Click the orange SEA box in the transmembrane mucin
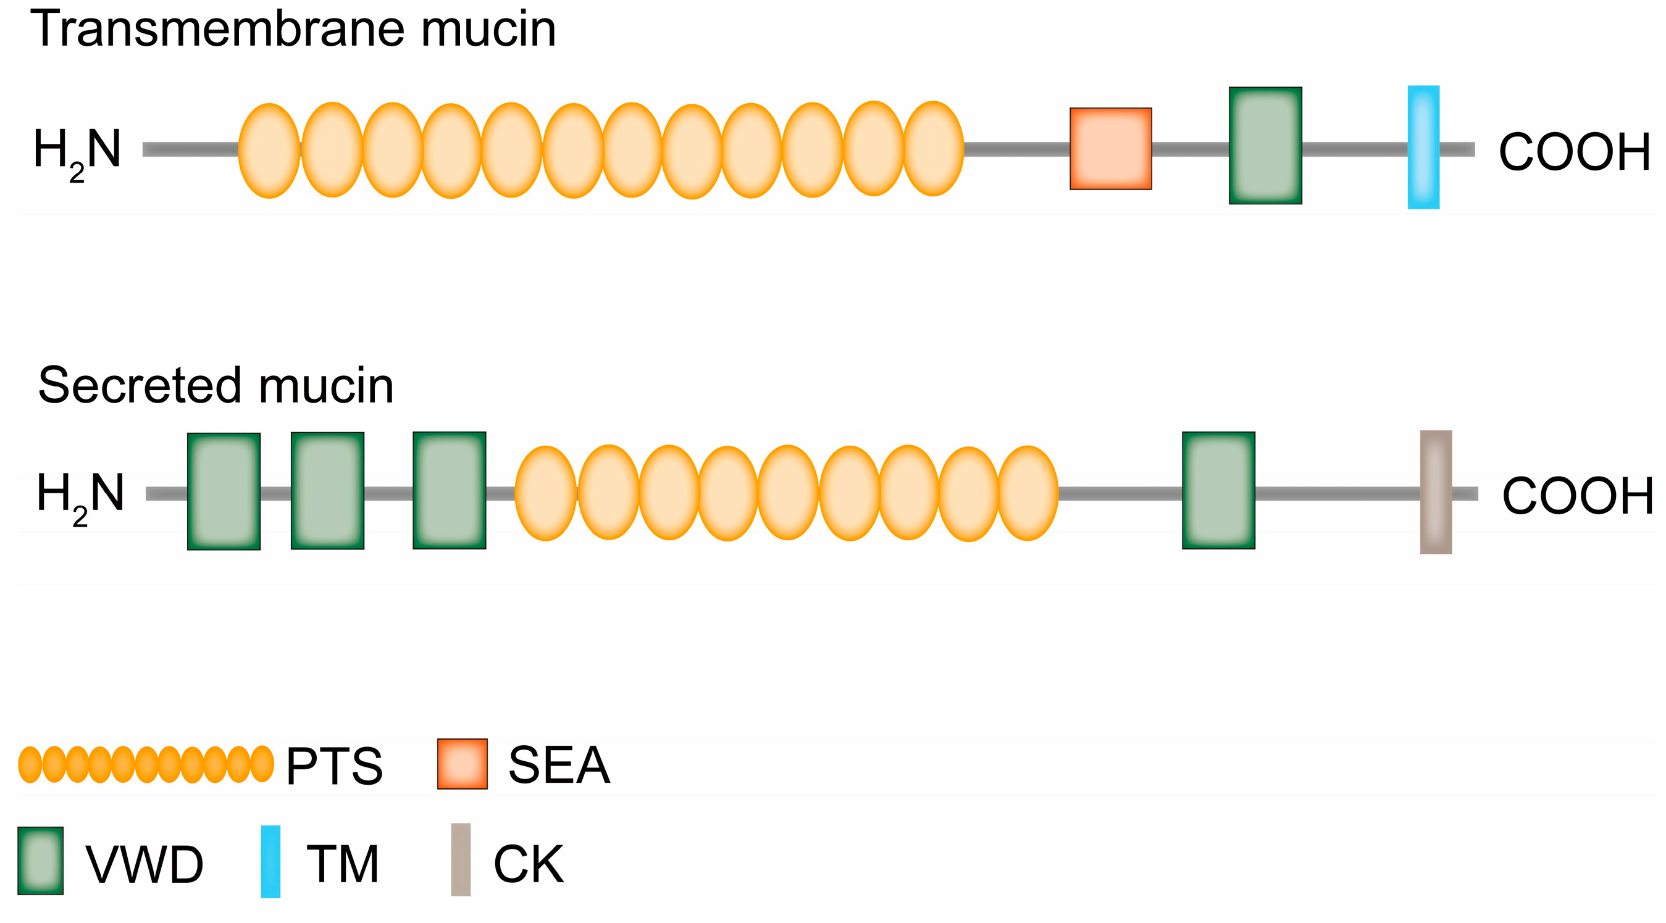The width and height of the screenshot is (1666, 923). point(1110,149)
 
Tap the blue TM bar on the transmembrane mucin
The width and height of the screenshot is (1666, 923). point(1423,148)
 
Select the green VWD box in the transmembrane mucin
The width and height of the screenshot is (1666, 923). point(1265,146)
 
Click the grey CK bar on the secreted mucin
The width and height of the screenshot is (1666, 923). point(1435,492)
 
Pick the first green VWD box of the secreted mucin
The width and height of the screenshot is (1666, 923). point(224,491)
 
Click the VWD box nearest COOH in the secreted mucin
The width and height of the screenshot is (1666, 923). point(1218,491)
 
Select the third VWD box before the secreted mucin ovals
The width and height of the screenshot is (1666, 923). point(450,491)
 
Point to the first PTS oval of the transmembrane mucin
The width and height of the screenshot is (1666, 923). point(269,151)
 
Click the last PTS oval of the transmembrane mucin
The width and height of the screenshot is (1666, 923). point(933,149)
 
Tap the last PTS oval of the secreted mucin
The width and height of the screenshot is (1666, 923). point(1028,493)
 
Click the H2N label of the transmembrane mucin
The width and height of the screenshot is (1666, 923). point(77,152)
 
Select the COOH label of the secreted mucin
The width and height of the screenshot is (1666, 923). point(1576,496)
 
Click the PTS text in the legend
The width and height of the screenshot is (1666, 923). point(333,766)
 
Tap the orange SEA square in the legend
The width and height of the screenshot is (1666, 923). point(462,764)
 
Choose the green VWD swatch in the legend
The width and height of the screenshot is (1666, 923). point(40,861)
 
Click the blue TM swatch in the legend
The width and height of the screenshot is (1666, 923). point(270,861)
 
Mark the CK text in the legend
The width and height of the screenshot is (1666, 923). point(528,864)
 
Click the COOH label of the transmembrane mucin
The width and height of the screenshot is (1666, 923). point(1573,152)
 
